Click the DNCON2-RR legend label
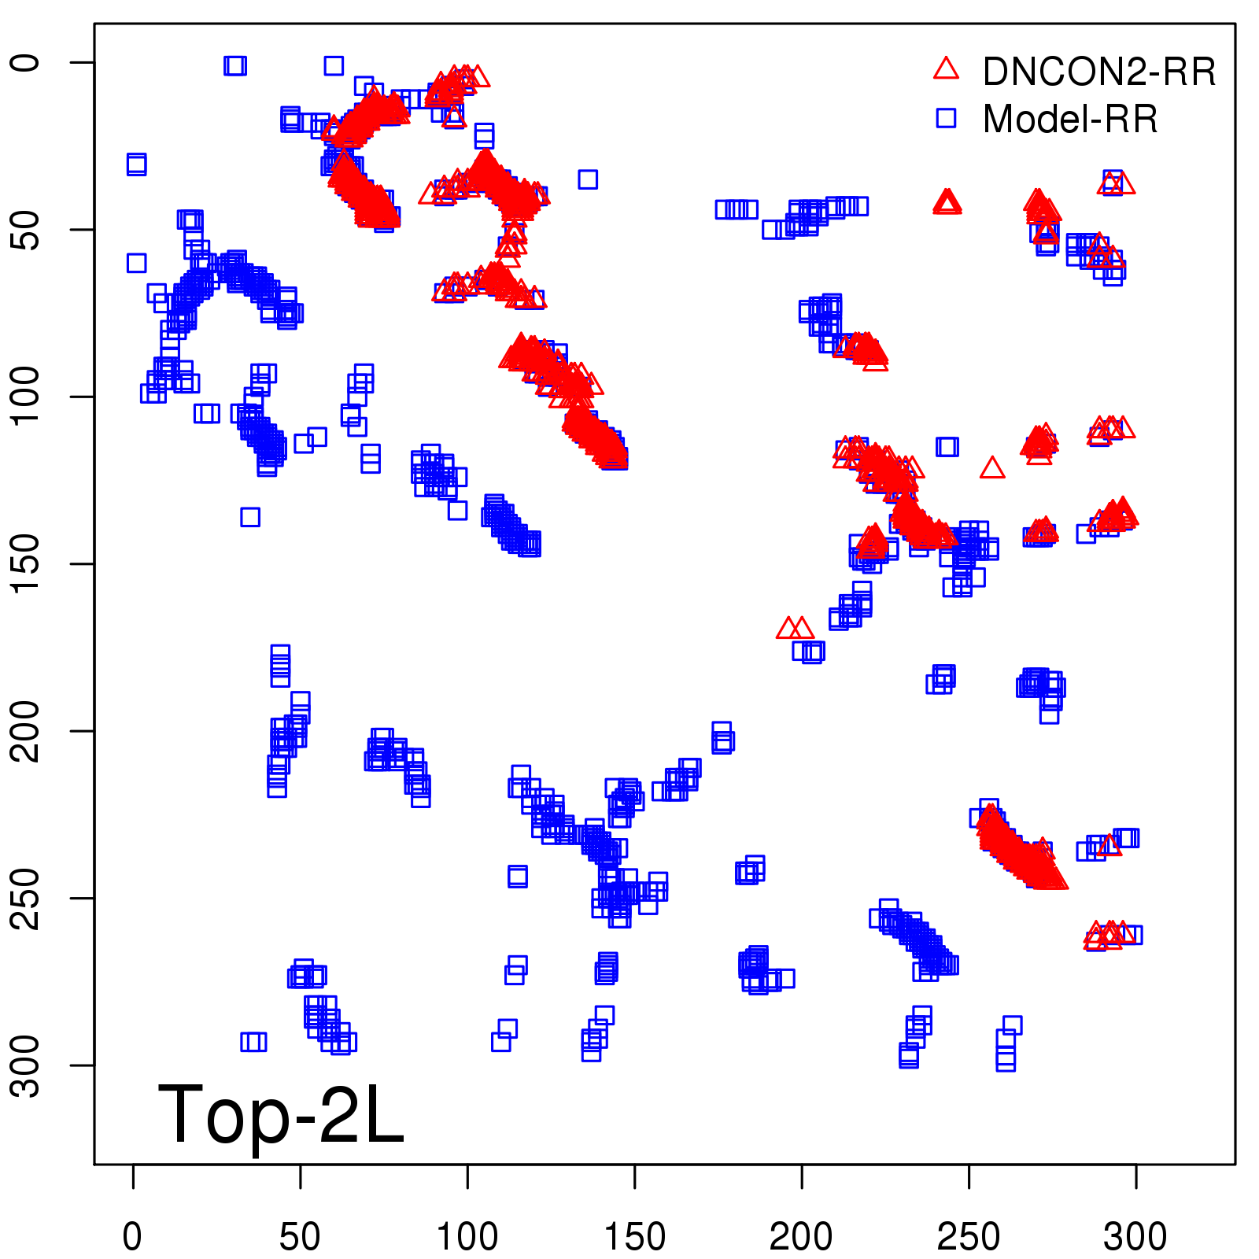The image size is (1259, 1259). pyautogui.click(x=1098, y=72)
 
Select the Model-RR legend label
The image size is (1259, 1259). pyautogui.click(x=1070, y=120)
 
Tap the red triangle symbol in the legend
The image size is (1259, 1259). pyautogui.click(x=946, y=68)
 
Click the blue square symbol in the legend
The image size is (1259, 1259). pyautogui.click(x=946, y=118)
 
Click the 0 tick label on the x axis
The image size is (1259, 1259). pyautogui.click(x=133, y=1236)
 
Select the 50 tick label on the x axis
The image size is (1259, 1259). pyautogui.click(x=300, y=1236)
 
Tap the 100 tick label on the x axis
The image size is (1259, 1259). pyautogui.click(x=467, y=1236)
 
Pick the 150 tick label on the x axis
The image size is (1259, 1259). pyautogui.click(x=634, y=1236)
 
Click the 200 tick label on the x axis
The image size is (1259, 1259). pyautogui.click(x=801, y=1236)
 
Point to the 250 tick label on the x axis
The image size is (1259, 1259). pyautogui.click(x=969, y=1236)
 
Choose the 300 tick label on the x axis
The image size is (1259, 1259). pyautogui.click(x=1135, y=1236)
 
